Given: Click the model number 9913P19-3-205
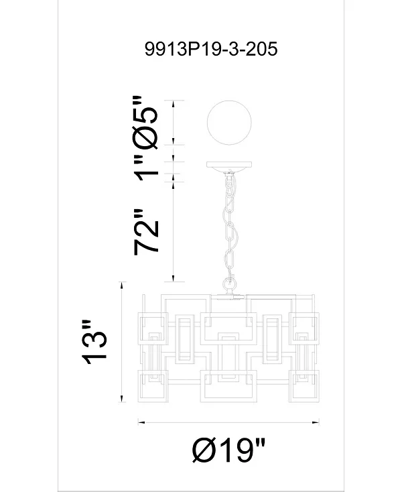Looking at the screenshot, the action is coord(211,49).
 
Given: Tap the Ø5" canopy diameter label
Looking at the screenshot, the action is coord(145,122).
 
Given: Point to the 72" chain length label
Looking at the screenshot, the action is coord(147,232).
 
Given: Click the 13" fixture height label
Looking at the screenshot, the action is coord(94,343).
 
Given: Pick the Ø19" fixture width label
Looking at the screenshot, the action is coord(228,450).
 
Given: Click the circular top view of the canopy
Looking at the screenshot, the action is coord(229,123).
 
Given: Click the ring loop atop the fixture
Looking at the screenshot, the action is coord(229,285).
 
